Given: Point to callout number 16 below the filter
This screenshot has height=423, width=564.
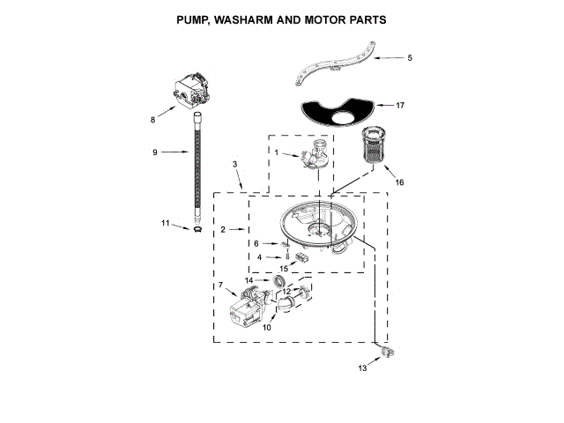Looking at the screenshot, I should point(398,182).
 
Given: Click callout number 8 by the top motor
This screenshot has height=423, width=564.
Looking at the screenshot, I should point(152,117).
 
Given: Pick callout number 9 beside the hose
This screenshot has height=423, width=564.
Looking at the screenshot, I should point(154,152).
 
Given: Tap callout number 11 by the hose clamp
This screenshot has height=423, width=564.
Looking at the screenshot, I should point(165,223).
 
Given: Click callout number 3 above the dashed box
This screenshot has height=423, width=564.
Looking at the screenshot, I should point(235,165).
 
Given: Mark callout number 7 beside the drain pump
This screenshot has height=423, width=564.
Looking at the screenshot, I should point(221,286).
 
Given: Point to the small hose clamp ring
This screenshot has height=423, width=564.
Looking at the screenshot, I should point(198,229).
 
